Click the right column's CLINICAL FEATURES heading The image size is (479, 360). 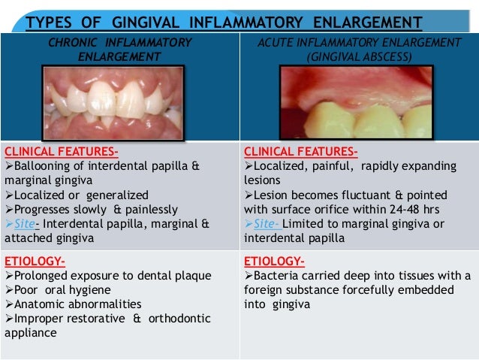click(x=301, y=150)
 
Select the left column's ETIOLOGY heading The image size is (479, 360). click(x=35, y=262)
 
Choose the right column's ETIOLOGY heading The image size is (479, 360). click(x=274, y=262)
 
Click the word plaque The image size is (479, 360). click(x=190, y=276)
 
